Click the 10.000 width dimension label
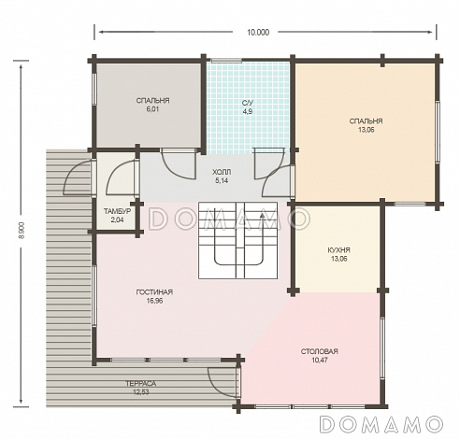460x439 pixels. tap(258, 33)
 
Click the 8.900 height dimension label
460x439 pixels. tap(22, 231)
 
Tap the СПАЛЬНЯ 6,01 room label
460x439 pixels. tap(152, 105)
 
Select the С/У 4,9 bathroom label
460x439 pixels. tap(248, 107)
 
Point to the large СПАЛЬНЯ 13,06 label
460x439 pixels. tap(366, 125)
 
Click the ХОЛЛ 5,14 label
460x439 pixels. tap(222, 177)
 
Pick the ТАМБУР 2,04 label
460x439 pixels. tap(117, 216)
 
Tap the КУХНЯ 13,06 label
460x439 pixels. tap(339, 254)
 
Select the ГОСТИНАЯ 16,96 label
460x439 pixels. tap(154, 296)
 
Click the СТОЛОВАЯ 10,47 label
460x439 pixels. tap(320, 356)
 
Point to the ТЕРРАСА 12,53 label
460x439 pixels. tap(141, 388)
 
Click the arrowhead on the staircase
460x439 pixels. tap(262, 216)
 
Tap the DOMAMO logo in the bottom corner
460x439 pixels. tap(381, 424)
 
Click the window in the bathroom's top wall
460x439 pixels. tap(226, 60)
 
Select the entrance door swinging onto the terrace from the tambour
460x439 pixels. tap(78, 177)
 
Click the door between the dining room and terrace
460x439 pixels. tap(223, 382)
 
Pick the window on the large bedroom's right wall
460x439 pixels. tap(438, 132)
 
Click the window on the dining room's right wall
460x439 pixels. tap(382, 348)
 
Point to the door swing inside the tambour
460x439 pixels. tap(122, 177)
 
